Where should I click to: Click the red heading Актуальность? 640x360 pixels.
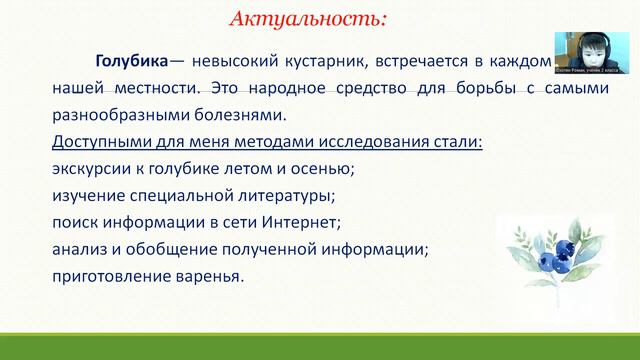(307, 18)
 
